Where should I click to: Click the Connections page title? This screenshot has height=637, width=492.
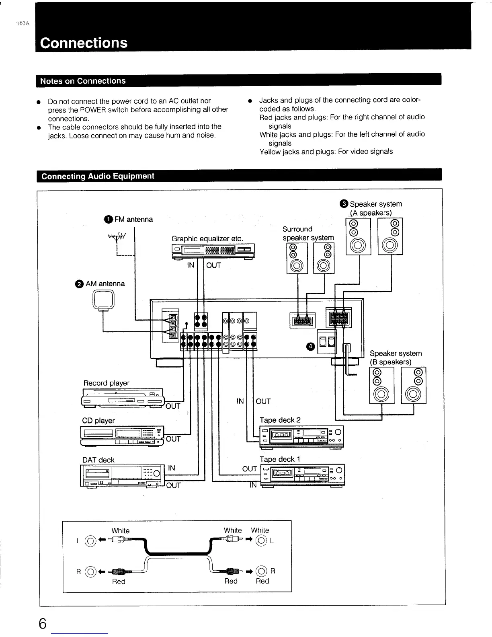pos(84,43)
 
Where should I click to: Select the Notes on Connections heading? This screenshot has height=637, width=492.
pos(83,81)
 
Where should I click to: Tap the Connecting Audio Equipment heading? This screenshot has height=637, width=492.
pos(98,176)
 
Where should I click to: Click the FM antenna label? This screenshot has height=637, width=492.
pos(133,219)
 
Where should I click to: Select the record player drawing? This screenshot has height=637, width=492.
pos(123,398)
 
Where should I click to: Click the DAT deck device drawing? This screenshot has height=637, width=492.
pos(122,475)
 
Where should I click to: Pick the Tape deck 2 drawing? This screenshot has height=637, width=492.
pos(301,437)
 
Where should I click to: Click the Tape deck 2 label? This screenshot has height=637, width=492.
pos(280,420)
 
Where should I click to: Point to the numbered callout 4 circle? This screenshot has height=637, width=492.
pos(310,347)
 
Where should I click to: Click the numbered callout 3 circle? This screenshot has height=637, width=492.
pos(344,204)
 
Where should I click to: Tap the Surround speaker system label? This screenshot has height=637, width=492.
pos(308,233)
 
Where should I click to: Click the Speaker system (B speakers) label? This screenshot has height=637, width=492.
pos(396,358)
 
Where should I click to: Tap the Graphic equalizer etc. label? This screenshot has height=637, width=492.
pos(207,238)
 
